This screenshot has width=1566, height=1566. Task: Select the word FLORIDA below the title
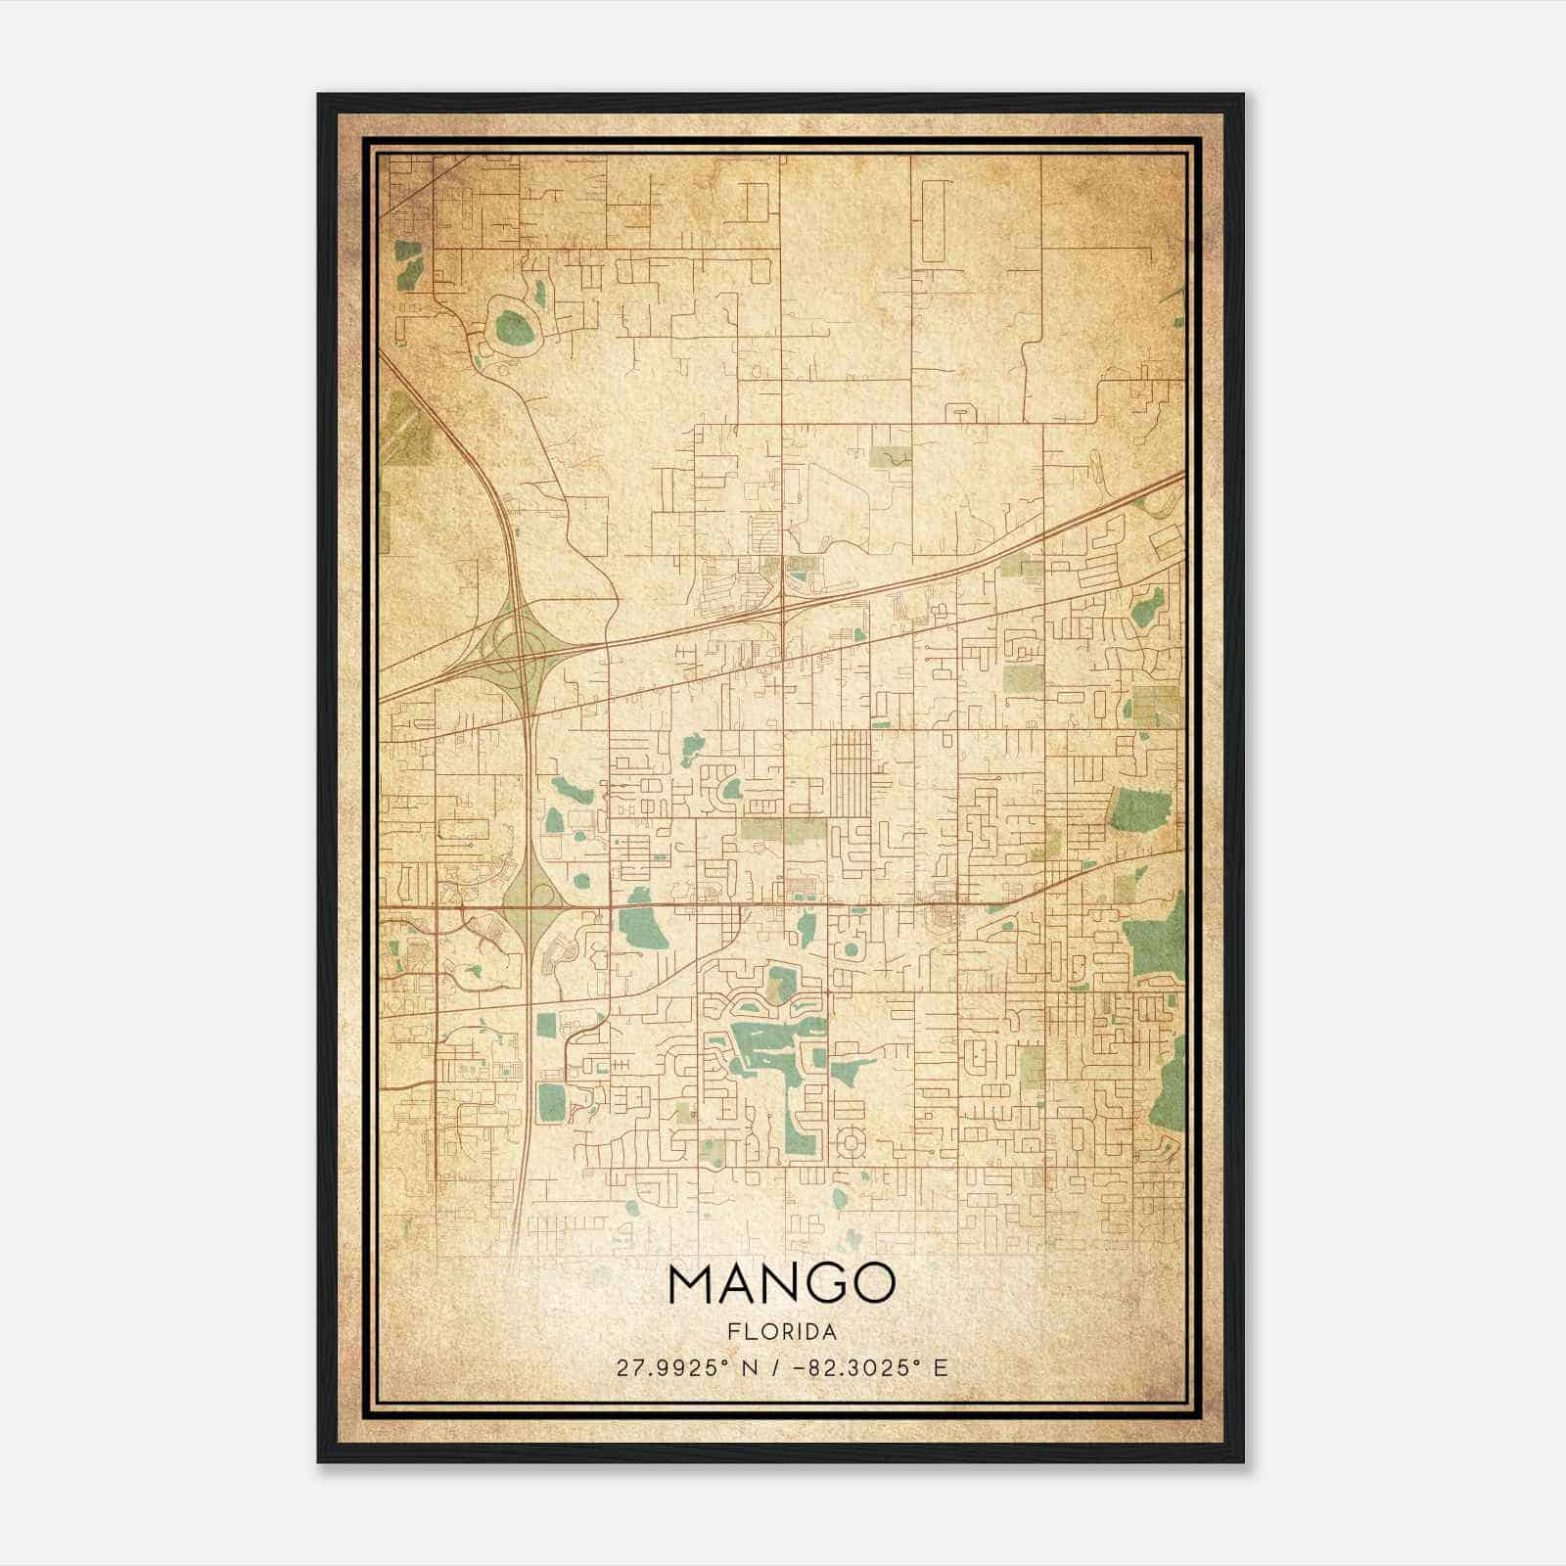782,1332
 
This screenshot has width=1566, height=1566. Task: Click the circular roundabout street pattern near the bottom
850,1141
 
